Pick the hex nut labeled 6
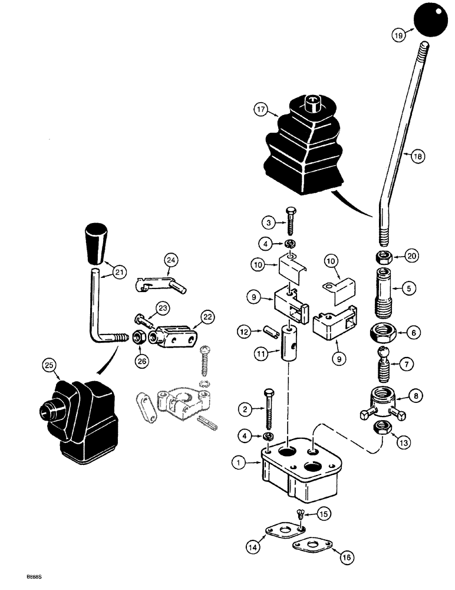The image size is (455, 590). [x=385, y=333]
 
